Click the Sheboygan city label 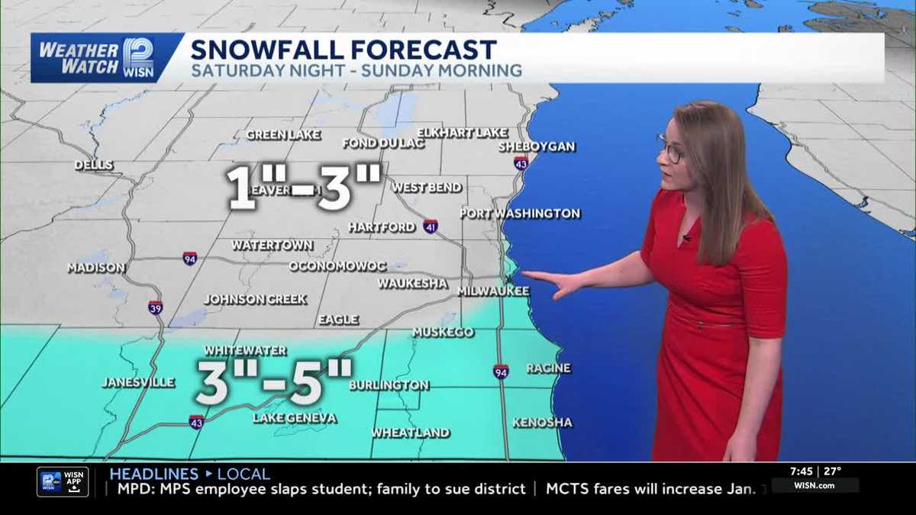537,146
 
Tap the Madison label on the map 96,268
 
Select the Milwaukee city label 493,291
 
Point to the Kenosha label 542,422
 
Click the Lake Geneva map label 295,418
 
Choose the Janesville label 138,382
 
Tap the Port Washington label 521,214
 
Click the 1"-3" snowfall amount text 303,186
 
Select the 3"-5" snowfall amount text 273,381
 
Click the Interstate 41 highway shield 431,227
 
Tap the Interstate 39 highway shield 155,307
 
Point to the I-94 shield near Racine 501,372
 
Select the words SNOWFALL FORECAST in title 343,50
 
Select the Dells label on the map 94,166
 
